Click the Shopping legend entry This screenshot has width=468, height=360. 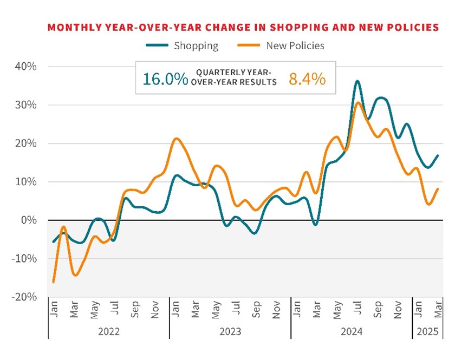click(196, 45)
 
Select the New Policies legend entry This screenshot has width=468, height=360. click(295, 45)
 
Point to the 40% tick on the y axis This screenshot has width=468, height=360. click(25, 67)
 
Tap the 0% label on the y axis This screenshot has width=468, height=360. click(28, 220)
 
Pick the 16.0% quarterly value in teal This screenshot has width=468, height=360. click(165, 78)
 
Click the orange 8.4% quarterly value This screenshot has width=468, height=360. click(307, 78)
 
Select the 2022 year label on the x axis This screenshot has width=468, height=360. click(109, 331)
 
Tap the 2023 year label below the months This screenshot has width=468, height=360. click(230, 331)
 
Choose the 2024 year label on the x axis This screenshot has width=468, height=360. click(352, 331)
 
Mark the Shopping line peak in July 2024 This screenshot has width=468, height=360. click(357, 81)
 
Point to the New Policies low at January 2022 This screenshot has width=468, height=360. click(54, 282)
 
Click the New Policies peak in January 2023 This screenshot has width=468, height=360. click(176, 139)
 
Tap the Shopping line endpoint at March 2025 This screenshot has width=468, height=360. click(438, 155)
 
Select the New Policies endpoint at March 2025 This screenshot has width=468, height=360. click(438, 188)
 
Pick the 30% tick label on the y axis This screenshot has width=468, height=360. click(25, 105)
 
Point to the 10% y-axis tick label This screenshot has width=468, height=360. click(25, 181)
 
